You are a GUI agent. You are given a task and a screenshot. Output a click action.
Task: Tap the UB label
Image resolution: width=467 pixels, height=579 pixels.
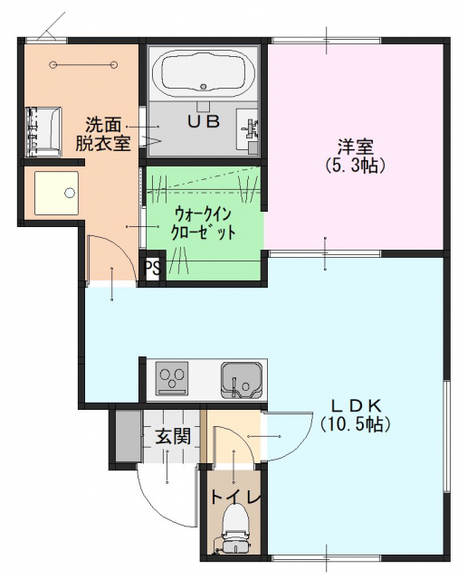coord(204,121)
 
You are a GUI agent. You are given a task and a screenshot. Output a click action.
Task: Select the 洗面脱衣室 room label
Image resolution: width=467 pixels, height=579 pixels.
coord(103,135)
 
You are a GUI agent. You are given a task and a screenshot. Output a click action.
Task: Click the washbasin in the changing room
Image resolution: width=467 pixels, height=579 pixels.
coord(43,132)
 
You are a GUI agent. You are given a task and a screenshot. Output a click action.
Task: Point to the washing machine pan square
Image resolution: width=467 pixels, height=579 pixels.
coord(56,193)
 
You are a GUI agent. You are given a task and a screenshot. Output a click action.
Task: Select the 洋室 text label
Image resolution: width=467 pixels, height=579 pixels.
coord(356,147)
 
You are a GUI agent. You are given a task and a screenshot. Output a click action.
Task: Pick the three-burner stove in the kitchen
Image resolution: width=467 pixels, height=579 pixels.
coord(171,378)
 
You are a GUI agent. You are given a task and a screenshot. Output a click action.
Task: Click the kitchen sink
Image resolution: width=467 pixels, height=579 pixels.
coord(242,380)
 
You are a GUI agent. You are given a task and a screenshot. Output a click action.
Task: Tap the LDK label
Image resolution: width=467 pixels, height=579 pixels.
coord(356,406)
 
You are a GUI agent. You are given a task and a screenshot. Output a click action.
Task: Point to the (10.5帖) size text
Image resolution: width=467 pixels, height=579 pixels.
coord(356,424)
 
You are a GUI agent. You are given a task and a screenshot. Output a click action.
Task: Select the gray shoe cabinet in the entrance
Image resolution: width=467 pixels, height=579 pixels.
coord(129,436)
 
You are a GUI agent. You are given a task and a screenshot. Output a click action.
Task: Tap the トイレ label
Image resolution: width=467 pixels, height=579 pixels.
coord(235,498)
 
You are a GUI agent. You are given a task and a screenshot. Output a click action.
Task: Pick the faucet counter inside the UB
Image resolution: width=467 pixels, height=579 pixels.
coord(247,128)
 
